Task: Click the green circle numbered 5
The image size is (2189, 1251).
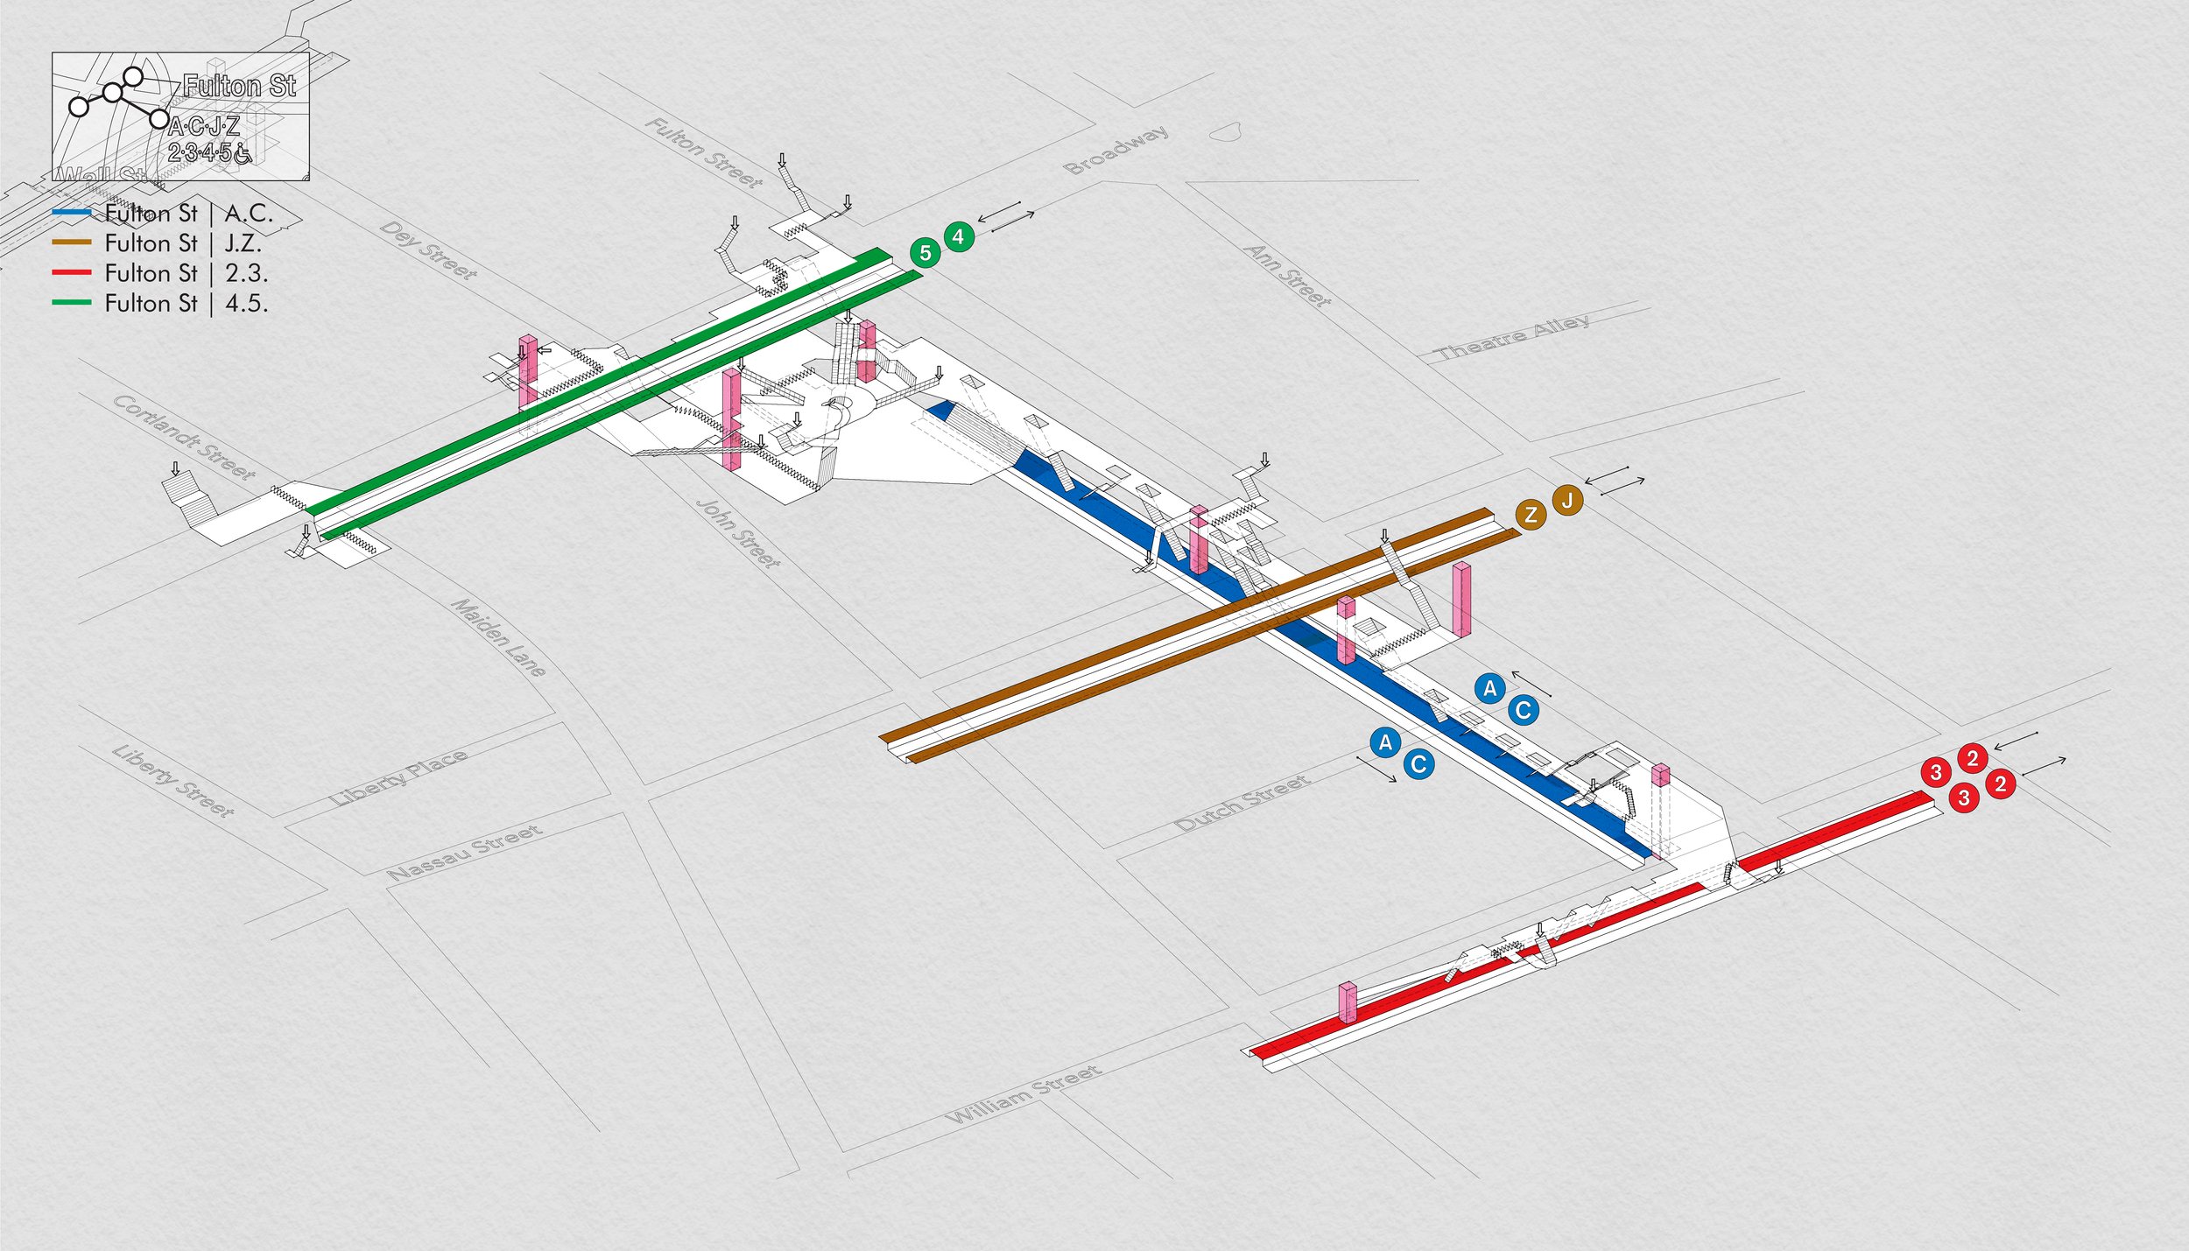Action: pos(925,253)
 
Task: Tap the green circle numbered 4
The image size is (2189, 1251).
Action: pos(958,236)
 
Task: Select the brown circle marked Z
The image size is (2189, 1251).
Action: pos(1531,515)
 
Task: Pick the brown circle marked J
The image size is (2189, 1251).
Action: pos(1567,501)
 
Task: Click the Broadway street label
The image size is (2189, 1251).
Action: pos(1116,150)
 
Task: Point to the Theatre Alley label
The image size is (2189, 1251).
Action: pos(1513,337)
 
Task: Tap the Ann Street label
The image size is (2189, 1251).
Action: pos(1288,276)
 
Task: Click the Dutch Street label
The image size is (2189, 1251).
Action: pos(1242,803)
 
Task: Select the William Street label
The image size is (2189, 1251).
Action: pos(1024,1093)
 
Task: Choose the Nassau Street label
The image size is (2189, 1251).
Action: pos(465,852)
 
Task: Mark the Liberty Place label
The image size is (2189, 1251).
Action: pos(398,777)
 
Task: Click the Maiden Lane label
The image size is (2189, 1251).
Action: pos(498,637)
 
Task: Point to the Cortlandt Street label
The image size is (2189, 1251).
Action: pos(185,437)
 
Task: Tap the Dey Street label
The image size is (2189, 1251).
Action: pos(429,250)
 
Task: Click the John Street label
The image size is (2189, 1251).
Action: pos(737,533)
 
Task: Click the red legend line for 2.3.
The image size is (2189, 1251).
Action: pos(72,273)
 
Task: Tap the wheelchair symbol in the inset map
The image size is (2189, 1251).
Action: pos(243,154)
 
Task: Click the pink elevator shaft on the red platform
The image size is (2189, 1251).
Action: pos(1348,1003)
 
